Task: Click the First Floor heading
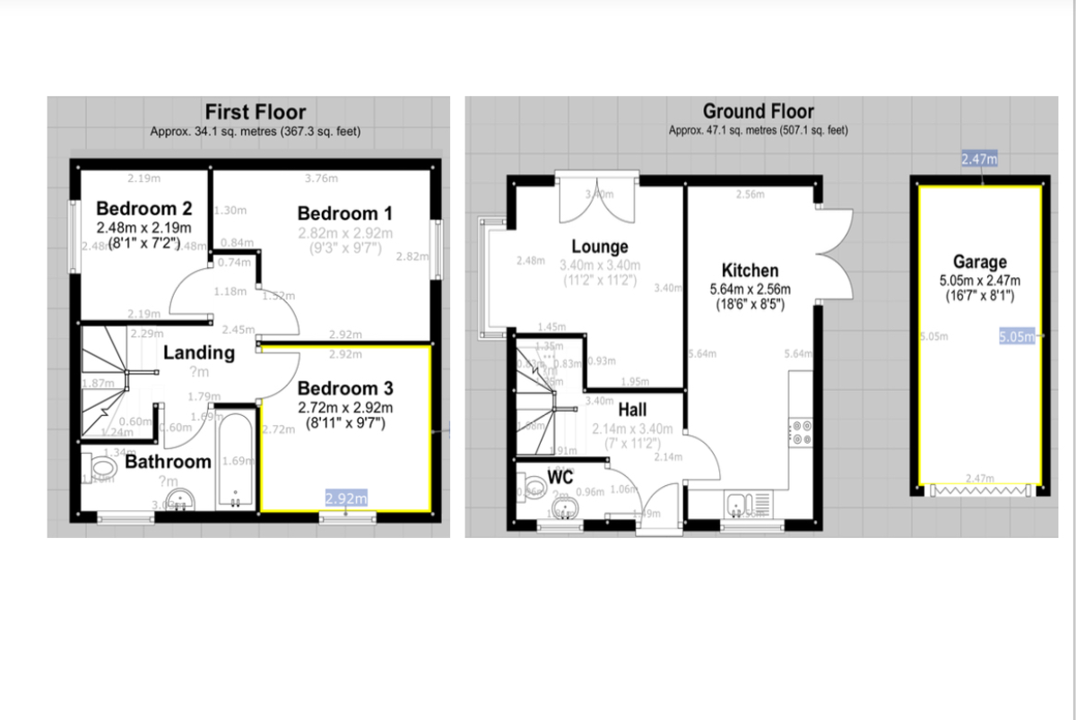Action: point(256,112)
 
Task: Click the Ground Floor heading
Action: point(758,111)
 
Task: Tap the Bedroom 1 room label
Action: point(344,213)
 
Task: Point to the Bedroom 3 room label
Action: point(344,388)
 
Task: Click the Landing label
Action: point(198,352)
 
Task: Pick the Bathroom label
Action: point(168,463)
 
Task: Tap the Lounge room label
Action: point(600,247)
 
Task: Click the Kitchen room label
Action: point(750,270)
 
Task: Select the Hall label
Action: point(632,411)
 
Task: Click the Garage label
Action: point(980,262)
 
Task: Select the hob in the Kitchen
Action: point(802,432)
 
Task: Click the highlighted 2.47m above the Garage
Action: point(979,160)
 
